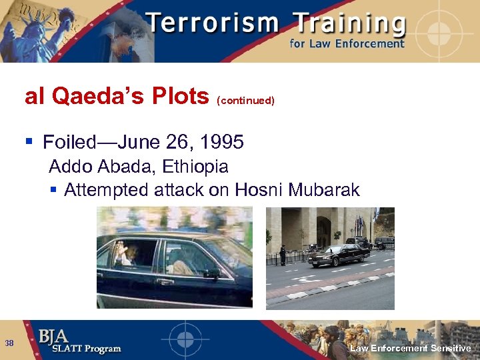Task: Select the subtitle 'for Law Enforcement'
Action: (x=347, y=44)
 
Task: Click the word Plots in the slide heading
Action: (x=179, y=97)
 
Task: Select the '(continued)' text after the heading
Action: (x=245, y=101)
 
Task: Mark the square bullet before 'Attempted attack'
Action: (x=54, y=191)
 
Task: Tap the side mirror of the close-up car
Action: (x=212, y=273)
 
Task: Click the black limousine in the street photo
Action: (x=338, y=255)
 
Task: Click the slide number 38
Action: (x=9, y=343)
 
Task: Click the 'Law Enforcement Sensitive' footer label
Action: (x=411, y=349)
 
